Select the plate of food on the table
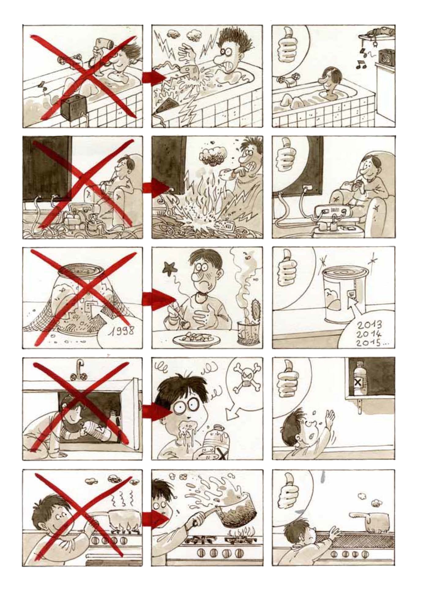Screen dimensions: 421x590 click(196, 339)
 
